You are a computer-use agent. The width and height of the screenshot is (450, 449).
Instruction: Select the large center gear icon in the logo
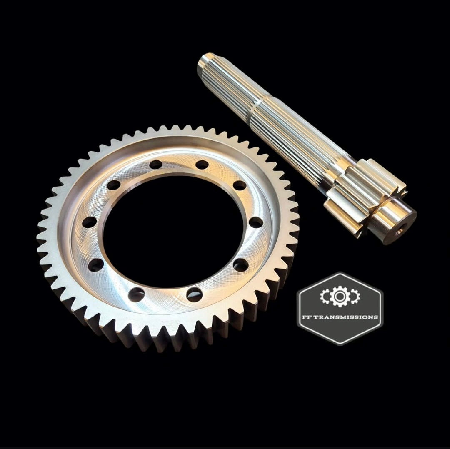340,296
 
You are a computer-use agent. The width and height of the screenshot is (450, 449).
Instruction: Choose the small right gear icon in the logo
353,296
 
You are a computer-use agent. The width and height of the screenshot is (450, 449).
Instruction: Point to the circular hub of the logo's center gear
340,296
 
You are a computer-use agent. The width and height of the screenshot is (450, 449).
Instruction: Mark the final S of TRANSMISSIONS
376,317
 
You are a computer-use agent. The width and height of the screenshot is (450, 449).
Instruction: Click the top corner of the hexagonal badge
340,273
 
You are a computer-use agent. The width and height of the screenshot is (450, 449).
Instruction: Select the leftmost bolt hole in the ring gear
89,222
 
